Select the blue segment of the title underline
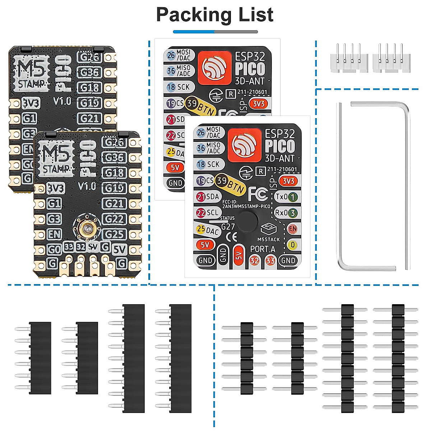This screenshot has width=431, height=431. click(x=194, y=32)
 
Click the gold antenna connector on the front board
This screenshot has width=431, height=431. click(x=86, y=227)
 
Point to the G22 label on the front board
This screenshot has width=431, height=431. click(x=114, y=219)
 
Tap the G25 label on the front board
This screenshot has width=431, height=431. click(x=114, y=234)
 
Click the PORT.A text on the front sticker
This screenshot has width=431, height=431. click(x=263, y=249)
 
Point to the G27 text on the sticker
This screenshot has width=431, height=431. click(x=228, y=227)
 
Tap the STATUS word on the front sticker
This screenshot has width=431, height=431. click(x=227, y=218)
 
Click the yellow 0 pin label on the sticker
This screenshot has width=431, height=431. click(x=293, y=245)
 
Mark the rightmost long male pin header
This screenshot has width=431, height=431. click(x=396, y=358)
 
